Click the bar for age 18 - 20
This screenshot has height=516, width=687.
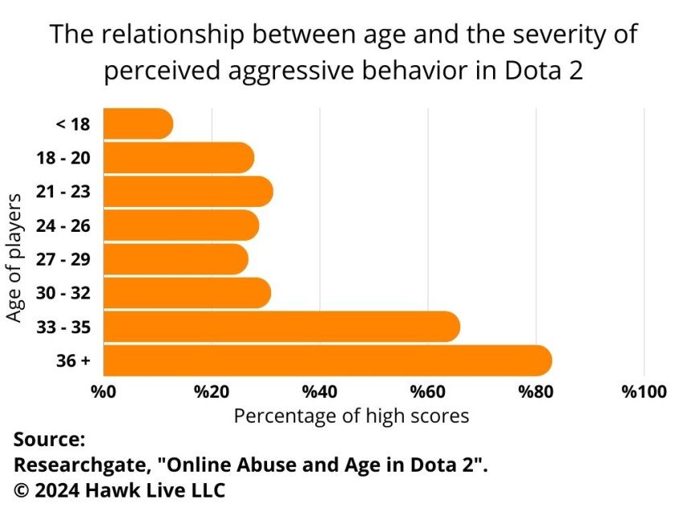179,158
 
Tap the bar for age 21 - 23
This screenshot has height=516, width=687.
188,192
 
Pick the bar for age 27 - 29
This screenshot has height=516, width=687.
175,259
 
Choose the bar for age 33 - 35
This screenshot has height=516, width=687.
282,326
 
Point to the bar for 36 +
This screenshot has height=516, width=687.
327,360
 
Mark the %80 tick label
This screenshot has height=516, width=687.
535,392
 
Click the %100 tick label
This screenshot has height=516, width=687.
644,392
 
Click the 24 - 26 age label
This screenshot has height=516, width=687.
63,226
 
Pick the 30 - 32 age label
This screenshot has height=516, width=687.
63,293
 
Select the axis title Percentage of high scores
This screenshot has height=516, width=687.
351,416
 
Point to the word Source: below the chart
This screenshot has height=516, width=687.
48,440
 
